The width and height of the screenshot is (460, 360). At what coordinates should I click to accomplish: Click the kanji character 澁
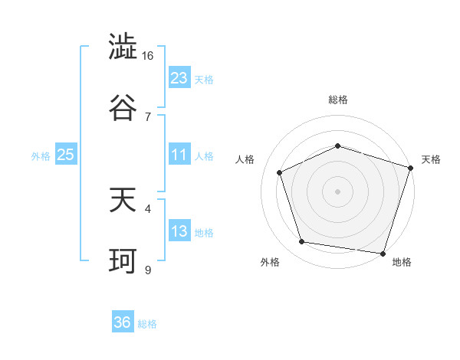(x=123, y=48)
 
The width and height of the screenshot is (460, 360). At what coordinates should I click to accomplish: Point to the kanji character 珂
(x=123, y=260)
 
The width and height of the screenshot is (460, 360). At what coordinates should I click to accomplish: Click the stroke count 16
(x=148, y=56)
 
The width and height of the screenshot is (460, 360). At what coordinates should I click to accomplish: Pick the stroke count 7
(x=148, y=116)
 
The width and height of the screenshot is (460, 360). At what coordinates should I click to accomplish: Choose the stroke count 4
(x=148, y=208)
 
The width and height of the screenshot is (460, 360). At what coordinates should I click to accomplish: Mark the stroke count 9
(x=148, y=269)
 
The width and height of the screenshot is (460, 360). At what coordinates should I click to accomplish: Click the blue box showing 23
(x=179, y=78)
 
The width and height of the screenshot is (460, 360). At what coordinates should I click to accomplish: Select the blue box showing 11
(x=179, y=155)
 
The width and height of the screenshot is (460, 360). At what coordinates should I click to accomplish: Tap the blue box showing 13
(x=179, y=231)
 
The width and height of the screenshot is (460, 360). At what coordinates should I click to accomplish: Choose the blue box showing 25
(x=66, y=155)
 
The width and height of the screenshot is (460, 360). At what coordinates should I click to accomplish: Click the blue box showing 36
(x=123, y=322)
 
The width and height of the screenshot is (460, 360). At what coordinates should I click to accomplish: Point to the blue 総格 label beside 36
(x=147, y=324)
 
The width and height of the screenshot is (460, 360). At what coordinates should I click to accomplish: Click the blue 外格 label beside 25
(x=41, y=156)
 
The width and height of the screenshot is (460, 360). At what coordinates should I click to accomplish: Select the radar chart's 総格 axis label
(x=337, y=100)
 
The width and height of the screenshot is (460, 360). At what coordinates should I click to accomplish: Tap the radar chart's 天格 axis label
(x=432, y=159)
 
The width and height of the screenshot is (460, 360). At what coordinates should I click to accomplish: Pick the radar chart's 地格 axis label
(x=402, y=263)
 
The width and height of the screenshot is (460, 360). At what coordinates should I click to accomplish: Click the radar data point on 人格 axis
(x=280, y=172)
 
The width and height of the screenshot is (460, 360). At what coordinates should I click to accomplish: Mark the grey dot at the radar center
(x=337, y=191)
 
